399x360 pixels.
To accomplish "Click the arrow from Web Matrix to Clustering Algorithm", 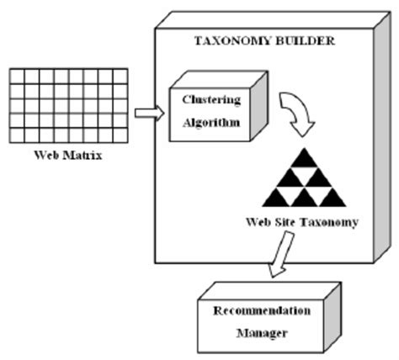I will (148, 113).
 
